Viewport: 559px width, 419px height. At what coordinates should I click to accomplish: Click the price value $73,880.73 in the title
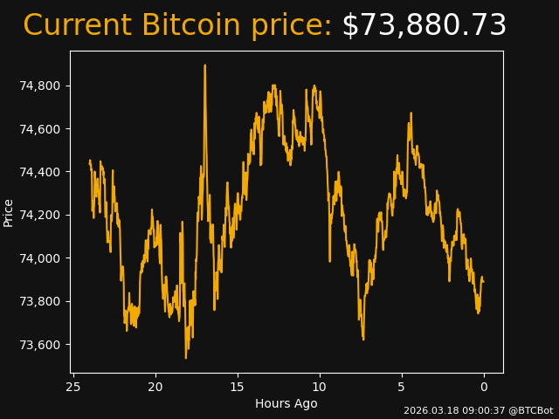[424, 26]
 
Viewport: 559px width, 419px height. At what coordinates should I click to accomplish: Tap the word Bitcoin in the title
[197, 26]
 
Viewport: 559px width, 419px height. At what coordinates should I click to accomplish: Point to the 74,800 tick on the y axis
[42, 86]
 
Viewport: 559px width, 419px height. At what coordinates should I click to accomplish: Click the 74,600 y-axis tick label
[42, 129]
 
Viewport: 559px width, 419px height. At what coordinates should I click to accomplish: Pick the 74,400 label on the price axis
[42, 172]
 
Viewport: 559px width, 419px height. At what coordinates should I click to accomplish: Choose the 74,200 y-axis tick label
[42, 215]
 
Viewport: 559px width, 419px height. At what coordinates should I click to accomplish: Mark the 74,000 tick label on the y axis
[42, 258]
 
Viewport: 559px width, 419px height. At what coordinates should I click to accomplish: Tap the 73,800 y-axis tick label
[42, 301]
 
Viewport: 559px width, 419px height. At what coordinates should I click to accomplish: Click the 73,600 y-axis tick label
[42, 345]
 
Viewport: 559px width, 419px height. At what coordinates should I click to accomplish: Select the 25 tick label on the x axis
[73, 387]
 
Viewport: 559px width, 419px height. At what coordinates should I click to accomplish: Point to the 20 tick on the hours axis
[155, 387]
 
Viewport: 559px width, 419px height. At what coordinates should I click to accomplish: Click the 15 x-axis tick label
[238, 387]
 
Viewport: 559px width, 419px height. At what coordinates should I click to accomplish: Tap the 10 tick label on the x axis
[320, 387]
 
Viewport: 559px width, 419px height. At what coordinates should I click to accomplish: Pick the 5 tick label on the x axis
[402, 387]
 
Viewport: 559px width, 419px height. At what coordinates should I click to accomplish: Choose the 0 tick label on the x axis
[484, 387]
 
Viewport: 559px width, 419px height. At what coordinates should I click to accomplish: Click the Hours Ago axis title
[286, 403]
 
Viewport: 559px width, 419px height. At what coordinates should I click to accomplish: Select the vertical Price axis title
[9, 212]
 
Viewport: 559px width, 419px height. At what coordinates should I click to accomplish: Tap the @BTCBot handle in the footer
[531, 410]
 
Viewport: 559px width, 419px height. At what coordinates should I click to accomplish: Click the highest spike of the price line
[205, 65]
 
